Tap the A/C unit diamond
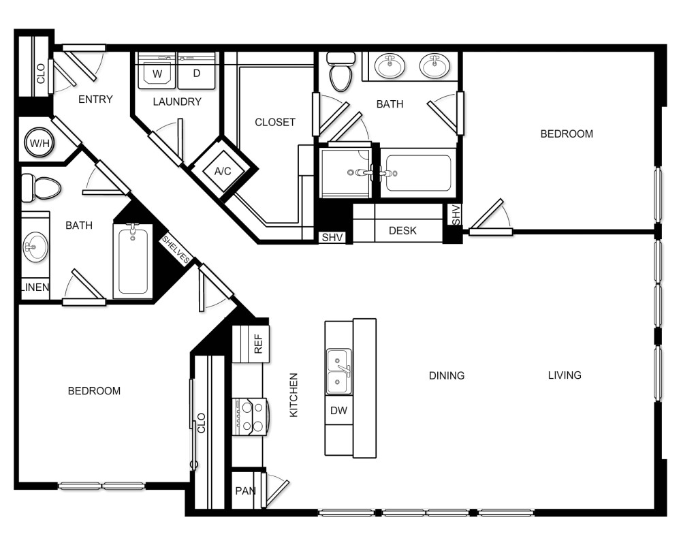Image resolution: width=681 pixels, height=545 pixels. pyautogui.click(x=223, y=171)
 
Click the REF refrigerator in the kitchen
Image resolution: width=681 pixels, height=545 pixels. pyautogui.click(x=251, y=345)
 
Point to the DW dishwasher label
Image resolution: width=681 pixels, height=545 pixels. pyautogui.click(x=338, y=411)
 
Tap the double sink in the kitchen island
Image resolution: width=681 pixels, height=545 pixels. pyautogui.click(x=338, y=371)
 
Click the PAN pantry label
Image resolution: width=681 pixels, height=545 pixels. pyautogui.click(x=244, y=491)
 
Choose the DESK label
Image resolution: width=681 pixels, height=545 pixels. pyautogui.click(x=402, y=231)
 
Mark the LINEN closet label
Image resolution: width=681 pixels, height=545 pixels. pyautogui.click(x=34, y=287)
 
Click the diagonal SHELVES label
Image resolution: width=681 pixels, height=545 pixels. pyautogui.click(x=176, y=250)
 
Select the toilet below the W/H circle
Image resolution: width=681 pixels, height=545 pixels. pyautogui.click(x=42, y=187)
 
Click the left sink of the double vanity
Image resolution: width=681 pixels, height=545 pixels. pyautogui.click(x=390, y=67)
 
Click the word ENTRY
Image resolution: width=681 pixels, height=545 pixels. pyautogui.click(x=95, y=99)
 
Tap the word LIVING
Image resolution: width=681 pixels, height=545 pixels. pyautogui.click(x=565, y=375)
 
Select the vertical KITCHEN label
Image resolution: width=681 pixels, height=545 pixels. pyautogui.click(x=294, y=395)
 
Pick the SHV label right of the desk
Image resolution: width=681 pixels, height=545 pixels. pyautogui.click(x=455, y=215)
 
